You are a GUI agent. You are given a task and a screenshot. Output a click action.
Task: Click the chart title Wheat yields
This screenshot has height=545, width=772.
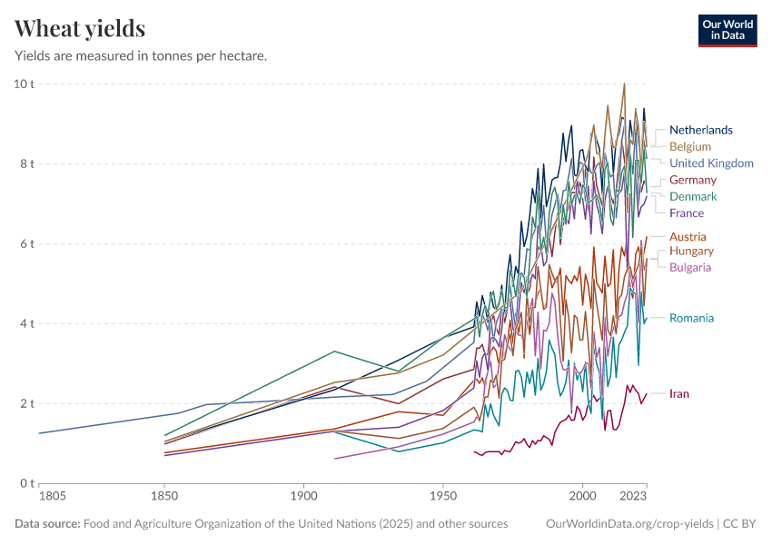coord(80,29)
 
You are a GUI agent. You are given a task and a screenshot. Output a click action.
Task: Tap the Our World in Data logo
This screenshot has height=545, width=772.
coord(727,30)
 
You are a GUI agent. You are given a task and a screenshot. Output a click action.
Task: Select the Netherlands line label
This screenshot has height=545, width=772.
coord(700,130)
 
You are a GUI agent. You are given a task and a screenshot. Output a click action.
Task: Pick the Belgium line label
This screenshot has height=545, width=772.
coord(689,146)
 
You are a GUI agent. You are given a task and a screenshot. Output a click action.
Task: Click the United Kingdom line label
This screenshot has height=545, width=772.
coord(711,163)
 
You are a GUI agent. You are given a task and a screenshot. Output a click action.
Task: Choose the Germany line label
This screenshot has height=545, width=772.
coord(692,180)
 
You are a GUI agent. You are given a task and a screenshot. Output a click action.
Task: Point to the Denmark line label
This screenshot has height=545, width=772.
coord(692,196)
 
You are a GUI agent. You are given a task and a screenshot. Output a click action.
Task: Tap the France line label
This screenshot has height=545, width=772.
coord(686,213)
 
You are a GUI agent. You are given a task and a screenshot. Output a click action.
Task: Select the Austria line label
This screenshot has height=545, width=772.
coord(688,237)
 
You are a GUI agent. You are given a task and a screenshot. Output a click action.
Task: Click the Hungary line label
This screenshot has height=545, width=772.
coord(691,251)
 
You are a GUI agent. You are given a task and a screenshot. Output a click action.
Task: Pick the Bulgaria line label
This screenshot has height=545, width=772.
coord(689,267)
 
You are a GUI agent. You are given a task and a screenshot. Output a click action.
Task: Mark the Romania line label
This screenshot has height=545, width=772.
coord(691,318)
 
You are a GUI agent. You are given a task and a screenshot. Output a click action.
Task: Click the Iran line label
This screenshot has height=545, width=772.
coord(678,393)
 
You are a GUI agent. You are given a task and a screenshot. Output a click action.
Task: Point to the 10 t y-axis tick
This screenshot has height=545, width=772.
coord(23,84)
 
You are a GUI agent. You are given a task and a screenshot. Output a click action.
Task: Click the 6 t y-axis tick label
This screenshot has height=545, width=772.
coord(25,243)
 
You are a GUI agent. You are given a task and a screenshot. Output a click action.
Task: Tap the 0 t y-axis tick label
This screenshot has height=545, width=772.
coord(25,482)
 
